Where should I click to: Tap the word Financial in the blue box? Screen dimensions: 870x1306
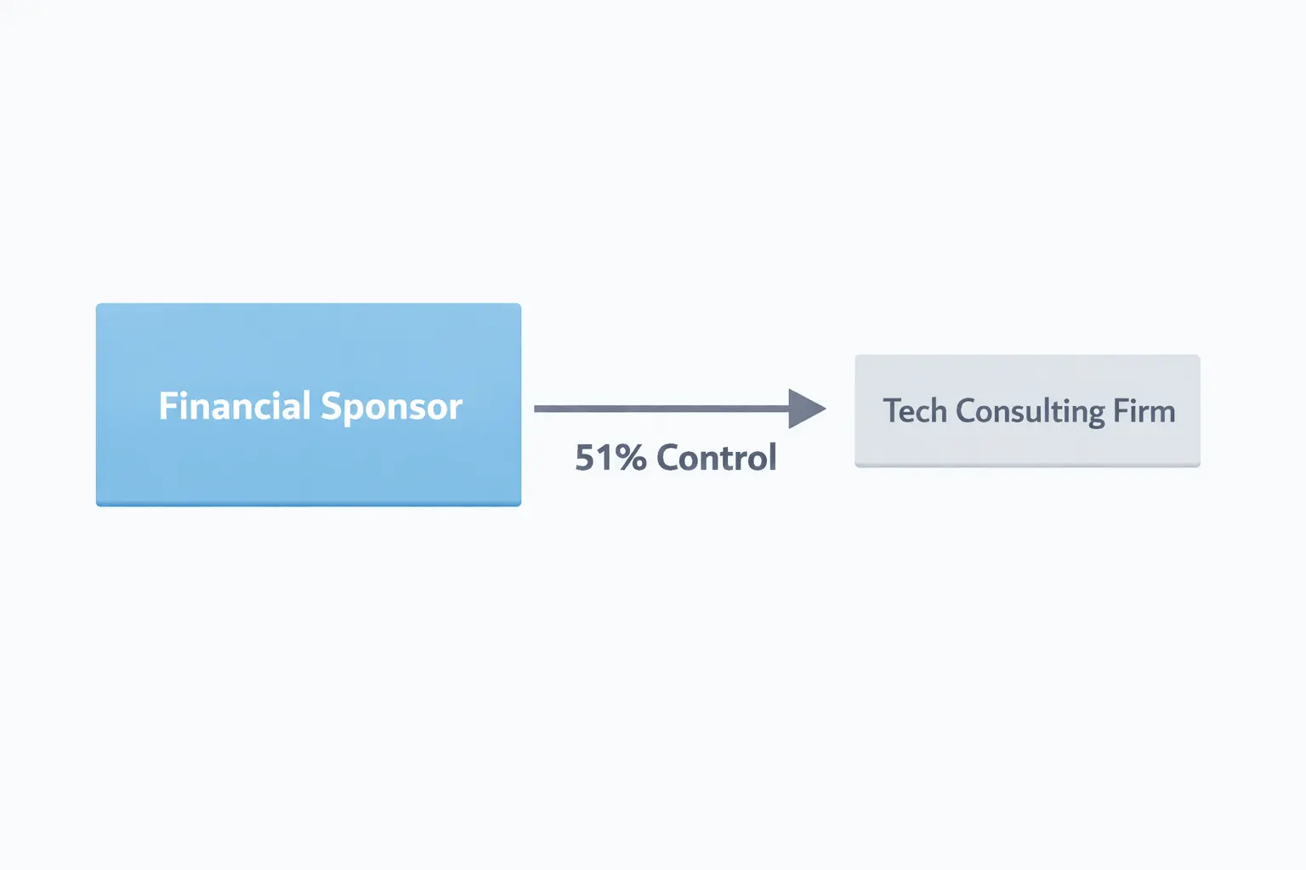pyautogui.click(x=235, y=406)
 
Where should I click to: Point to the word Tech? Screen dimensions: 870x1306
pyautogui.click(x=915, y=411)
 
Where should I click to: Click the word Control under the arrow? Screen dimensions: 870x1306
pyautogui.click(x=717, y=458)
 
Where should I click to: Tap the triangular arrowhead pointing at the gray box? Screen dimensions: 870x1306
pyautogui.click(x=805, y=409)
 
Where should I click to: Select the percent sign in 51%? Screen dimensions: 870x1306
pyautogui.click(x=632, y=458)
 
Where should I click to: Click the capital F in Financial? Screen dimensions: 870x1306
pyautogui.click(x=168, y=406)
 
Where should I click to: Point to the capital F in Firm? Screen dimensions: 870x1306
pyautogui.click(x=1121, y=411)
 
